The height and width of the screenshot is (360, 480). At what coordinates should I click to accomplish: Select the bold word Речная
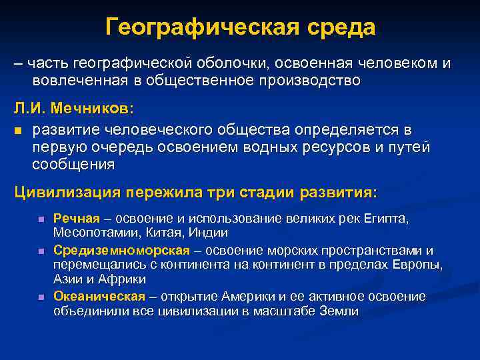click(x=76, y=218)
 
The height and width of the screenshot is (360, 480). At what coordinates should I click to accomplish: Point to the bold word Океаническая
click(x=99, y=296)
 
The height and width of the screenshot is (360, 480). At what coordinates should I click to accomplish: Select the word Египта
click(x=385, y=218)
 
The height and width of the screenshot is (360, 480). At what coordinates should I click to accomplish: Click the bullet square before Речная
click(x=41, y=219)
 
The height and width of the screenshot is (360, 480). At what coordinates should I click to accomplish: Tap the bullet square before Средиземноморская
click(x=41, y=251)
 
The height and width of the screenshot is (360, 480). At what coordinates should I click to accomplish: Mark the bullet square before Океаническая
click(x=41, y=297)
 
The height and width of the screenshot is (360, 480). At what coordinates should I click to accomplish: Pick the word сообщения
click(x=73, y=163)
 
